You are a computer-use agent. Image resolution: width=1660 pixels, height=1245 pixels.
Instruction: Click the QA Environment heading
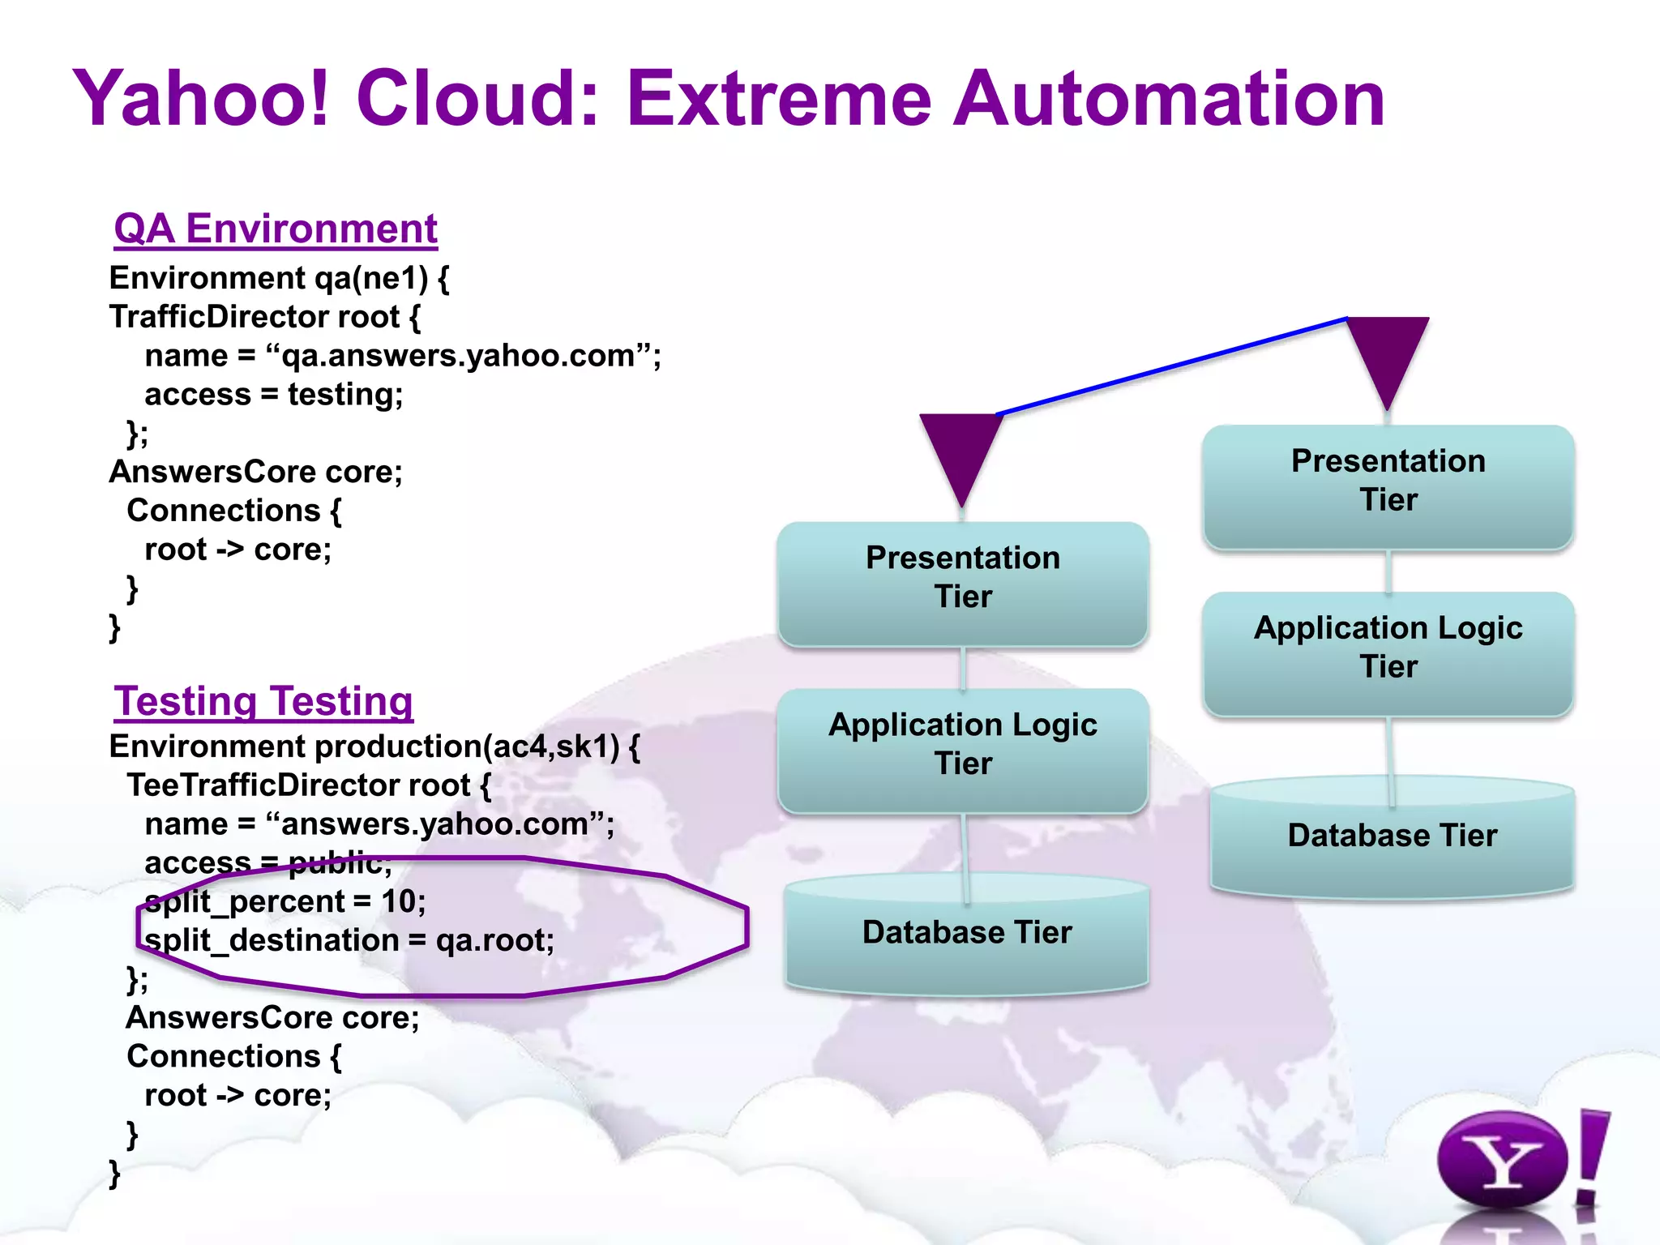click(x=276, y=229)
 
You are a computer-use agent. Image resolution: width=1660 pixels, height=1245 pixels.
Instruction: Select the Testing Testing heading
click(x=263, y=701)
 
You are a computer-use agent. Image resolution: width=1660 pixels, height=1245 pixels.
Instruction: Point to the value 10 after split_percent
click(x=398, y=901)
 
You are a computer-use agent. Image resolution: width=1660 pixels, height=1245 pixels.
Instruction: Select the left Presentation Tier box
click(x=962, y=584)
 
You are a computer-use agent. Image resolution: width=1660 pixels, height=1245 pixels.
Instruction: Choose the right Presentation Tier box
click(x=1388, y=486)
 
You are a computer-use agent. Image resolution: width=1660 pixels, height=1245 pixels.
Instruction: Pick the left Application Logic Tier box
click(x=962, y=750)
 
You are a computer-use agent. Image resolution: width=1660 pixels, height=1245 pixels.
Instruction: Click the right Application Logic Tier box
click(x=1388, y=653)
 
